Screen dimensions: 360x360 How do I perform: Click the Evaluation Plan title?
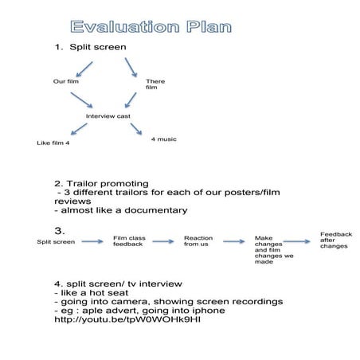tap(151, 27)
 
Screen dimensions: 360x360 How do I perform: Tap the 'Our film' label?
tap(66, 81)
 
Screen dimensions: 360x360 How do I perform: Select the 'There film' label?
tap(155, 84)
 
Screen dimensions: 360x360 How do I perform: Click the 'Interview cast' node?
tap(108, 116)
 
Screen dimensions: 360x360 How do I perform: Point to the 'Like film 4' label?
tap(53, 143)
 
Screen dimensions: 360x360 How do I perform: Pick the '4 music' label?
tap(164, 139)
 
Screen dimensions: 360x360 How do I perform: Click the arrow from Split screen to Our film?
tap(84, 69)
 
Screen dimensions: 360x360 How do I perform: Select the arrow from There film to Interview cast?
tap(131, 100)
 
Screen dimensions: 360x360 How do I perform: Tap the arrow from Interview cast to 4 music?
tap(136, 129)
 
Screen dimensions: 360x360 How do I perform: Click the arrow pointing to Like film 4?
tap(79, 129)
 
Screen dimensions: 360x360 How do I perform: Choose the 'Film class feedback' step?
tap(129, 241)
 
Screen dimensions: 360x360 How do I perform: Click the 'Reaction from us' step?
tap(198, 241)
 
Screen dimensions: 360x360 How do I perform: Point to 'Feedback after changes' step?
tap(336, 241)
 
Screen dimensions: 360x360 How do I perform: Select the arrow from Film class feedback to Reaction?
tap(163, 241)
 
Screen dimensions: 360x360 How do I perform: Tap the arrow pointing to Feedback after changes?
tap(296, 241)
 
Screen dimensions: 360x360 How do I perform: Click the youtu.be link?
tap(127, 319)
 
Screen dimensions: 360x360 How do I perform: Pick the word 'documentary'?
tap(156, 210)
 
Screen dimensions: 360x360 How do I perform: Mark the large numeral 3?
tap(59, 231)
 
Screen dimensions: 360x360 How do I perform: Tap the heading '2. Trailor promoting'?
tap(101, 184)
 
